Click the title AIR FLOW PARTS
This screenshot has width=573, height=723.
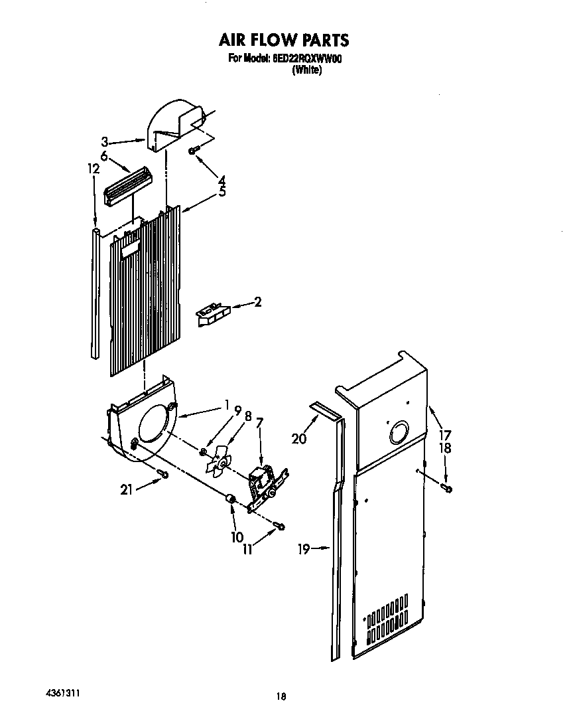click(284, 40)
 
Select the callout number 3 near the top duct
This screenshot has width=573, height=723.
click(105, 141)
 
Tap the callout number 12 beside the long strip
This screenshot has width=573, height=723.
click(94, 169)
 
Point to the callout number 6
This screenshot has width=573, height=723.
click(104, 155)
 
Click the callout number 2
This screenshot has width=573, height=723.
click(257, 303)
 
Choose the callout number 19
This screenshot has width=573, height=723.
click(303, 549)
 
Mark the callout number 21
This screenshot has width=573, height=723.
click(125, 489)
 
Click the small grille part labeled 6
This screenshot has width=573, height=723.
click(128, 182)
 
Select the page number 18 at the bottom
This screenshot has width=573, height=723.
click(281, 696)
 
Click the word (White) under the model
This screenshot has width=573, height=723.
click(306, 71)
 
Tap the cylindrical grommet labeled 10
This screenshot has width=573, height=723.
click(231, 499)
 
